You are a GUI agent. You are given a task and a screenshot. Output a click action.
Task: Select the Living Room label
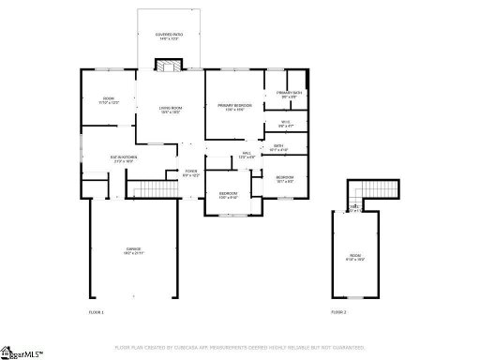pos(170,110)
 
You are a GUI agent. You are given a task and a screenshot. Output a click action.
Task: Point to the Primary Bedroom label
pos(235,108)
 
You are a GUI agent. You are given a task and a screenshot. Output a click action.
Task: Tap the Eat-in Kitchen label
pos(123,159)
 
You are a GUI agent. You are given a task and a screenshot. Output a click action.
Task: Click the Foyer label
pos(191,173)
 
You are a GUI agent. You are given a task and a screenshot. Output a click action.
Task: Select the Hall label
pos(247,155)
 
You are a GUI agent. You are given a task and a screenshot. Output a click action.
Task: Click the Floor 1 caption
pos(97,310)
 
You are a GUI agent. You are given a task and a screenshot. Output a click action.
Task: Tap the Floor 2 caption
pos(338,310)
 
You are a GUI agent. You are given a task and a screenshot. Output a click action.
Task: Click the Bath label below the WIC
pos(278,148)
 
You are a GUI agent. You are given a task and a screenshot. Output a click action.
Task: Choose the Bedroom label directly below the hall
pos(228,196)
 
